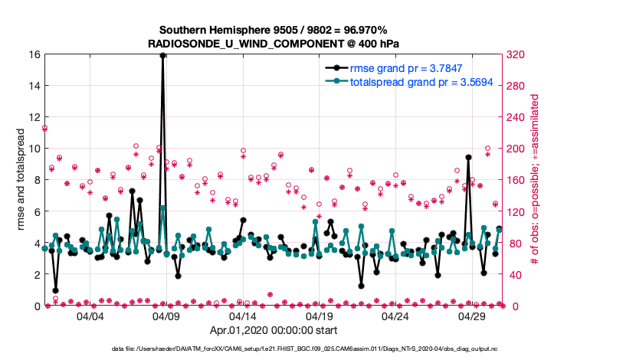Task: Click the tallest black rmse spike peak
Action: coord(163,55)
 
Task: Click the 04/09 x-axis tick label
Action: coord(166,316)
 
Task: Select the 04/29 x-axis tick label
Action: coord(472,316)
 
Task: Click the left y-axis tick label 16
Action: coord(34,54)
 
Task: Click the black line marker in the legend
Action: coord(335,68)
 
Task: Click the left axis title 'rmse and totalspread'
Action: coord(21,180)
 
